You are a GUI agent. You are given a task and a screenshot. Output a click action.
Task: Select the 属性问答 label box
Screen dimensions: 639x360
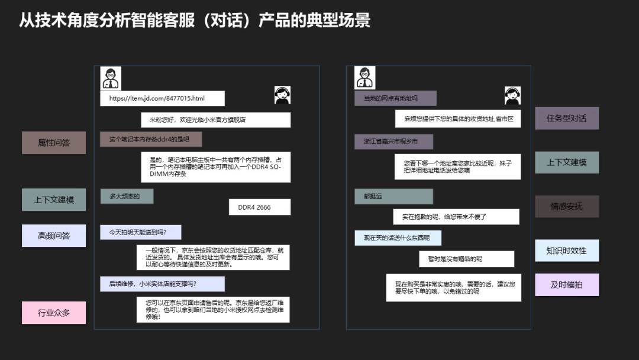[54, 143]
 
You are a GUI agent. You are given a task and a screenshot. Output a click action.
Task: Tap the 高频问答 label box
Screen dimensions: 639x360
[54, 236]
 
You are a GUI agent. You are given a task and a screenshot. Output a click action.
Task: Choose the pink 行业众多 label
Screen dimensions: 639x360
[54, 313]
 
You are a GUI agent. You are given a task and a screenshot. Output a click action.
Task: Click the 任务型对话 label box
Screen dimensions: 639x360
[567, 118]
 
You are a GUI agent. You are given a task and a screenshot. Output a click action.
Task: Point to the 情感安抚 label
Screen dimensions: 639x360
[567, 206]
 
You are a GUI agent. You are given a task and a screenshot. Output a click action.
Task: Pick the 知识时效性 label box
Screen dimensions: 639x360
[567, 250]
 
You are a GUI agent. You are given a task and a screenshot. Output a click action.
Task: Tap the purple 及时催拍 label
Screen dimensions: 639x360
[567, 285]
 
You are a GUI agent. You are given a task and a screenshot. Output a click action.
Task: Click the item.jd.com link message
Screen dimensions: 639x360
[162, 98]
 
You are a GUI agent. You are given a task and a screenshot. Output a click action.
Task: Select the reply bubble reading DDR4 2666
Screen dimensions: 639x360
[260, 207]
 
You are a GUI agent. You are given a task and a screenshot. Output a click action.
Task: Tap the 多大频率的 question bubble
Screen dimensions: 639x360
[127, 196]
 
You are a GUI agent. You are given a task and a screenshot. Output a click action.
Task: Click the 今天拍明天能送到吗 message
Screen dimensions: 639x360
[141, 232]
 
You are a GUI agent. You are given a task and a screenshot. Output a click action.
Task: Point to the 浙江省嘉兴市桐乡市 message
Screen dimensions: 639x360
[393, 142]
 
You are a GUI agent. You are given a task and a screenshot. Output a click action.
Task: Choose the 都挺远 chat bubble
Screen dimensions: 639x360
[393, 197]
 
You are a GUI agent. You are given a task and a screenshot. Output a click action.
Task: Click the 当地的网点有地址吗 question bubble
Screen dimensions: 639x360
[395, 98]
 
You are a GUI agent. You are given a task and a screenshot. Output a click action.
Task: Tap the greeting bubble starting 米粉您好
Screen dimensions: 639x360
[215, 120]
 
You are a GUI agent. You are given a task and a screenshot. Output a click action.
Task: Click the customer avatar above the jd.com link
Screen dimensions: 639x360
[111, 78]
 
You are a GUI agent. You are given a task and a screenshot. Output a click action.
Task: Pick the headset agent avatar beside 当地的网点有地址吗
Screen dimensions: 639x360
[512, 95]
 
